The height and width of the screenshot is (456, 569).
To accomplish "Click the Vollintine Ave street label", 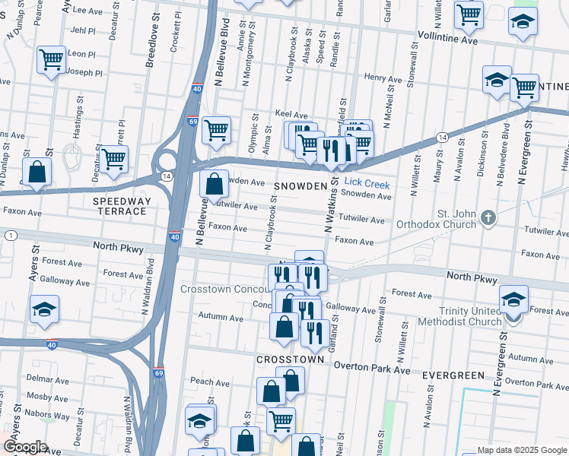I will [x=447, y=36].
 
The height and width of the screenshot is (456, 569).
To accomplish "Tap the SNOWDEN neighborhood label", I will [x=306, y=185].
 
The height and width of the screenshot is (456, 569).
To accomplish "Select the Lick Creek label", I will [x=367, y=184].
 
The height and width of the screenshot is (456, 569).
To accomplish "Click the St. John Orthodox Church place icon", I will [x=488, y=219].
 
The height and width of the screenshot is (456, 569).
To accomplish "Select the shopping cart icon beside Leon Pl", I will [x=52, y=59].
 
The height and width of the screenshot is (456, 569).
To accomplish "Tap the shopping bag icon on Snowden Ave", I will [x=215, y=183].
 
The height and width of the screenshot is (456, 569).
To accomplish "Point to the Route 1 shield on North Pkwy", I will [x=10, y=236].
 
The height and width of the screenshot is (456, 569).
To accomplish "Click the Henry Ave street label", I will [x=383, y=78].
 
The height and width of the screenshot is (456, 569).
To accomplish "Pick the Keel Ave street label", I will [x=291, y=114].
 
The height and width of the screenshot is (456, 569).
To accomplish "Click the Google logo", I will [x=25, y=447].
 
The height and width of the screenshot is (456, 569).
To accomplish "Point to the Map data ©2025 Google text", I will [x=520, y=450].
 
